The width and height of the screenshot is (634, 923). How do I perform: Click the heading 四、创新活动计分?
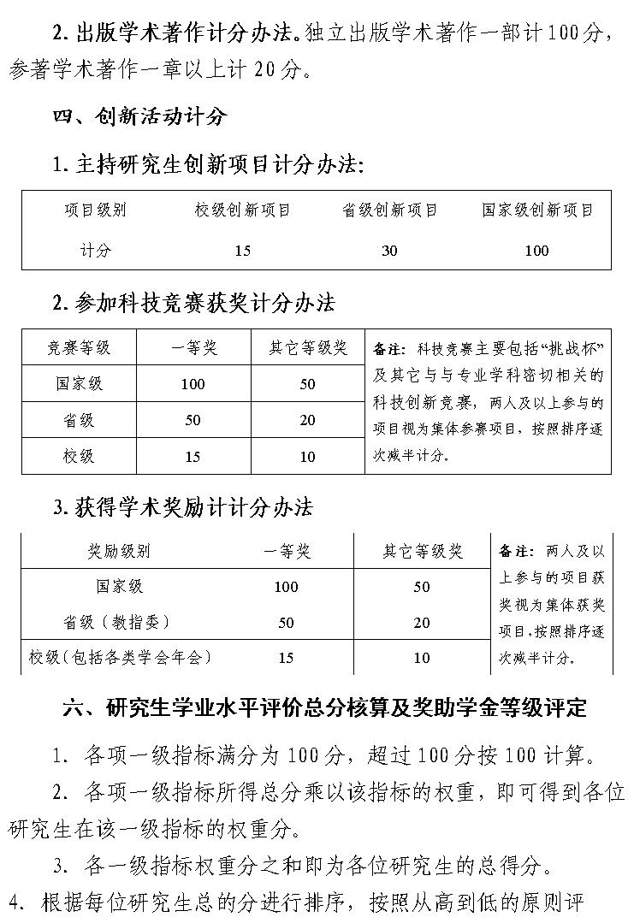tap(139, 116)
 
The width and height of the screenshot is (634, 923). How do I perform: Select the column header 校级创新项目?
tap(242, 210)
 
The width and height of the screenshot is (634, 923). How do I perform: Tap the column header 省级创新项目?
tap(389, 210)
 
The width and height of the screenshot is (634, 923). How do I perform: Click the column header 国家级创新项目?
tap(536, 210)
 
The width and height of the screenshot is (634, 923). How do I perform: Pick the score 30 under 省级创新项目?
tap(389, 251)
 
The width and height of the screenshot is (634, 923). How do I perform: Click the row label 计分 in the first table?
tap(95, 251)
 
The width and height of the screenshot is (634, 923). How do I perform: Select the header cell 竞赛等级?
tap(79, 348)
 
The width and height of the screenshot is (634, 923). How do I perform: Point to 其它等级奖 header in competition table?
tap(308, 348)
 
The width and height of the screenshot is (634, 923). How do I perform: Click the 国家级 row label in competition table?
tap(79, 384)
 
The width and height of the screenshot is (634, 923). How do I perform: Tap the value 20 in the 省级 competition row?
tap(308, 421)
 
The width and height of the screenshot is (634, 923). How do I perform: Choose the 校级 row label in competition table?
tap(79, 457)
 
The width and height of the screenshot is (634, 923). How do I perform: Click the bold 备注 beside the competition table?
tap(389, 350)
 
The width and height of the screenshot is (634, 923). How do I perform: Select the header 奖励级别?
tap(119, 552)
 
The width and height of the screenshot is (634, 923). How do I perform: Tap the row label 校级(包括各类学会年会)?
tap(119, 657)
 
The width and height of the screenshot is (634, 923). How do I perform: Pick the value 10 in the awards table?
tap(422, 658)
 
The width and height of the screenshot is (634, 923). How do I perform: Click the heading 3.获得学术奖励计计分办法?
tap(182, 507)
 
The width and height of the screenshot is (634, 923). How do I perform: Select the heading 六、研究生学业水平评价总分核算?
tap(325, 709)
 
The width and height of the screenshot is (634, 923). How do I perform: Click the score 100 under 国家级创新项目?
tap(536, 251)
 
